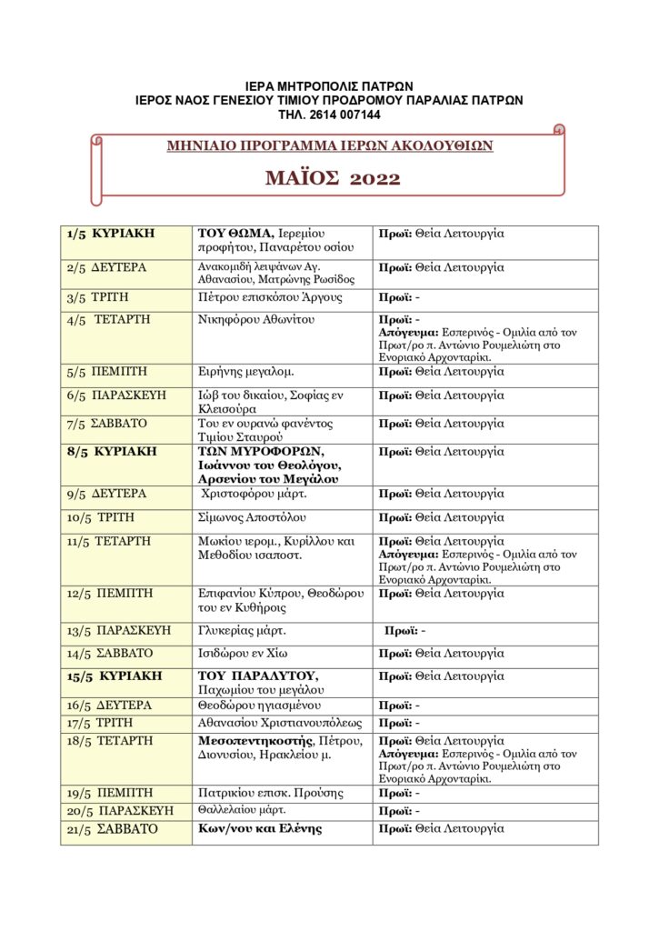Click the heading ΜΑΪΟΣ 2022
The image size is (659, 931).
pyautogui.click(x=333, y=178)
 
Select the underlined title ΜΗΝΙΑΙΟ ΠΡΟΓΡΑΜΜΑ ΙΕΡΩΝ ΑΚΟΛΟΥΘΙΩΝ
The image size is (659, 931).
pyautogui.click(x=330, y=145)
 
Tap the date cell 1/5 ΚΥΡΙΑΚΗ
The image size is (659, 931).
pyautogui.click(x=110, y=235)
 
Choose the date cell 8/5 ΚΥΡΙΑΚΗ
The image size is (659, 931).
pyautogui.click(x=111, y=451)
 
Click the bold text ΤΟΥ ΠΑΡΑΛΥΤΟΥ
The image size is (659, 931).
pyautogui.click(x=256, y=676)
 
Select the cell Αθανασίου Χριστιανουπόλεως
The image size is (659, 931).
pyautogui.click(x=279, y=724)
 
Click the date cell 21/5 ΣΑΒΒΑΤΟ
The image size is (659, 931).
pyautogui.click(x=112, y=829)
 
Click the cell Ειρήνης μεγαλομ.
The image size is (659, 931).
pyautogui.click(x=242, y=372)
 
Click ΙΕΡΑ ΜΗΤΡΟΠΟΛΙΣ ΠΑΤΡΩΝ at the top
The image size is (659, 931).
pyautogui.click(x=329, y=86)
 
